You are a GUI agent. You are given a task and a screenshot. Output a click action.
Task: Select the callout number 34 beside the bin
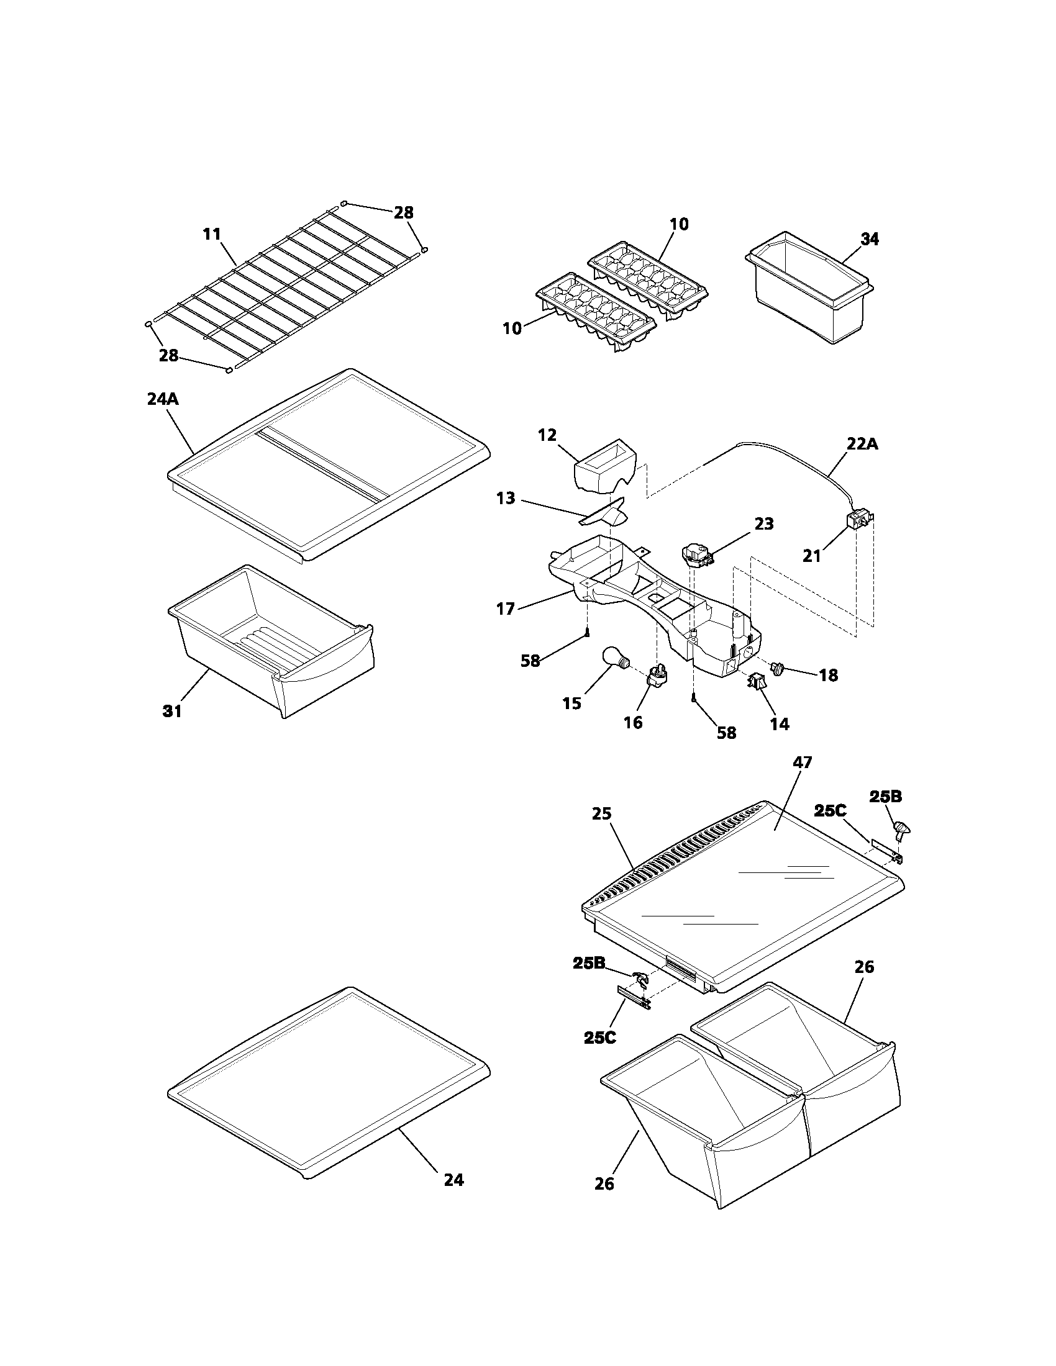pos(869,239)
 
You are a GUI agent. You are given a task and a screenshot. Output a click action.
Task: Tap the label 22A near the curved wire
pos(862,444)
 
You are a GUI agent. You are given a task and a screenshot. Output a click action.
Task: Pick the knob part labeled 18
pos(778,669)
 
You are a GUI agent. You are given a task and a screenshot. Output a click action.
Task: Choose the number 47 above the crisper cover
pos(802,762)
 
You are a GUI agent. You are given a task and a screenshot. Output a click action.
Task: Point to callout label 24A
pos(163,399)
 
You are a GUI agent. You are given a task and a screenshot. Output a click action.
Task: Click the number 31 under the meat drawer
pos(172,711)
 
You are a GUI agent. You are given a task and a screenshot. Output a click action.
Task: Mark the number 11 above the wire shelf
pos(212,235)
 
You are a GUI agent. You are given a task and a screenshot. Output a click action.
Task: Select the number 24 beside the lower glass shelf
pos(453,1180)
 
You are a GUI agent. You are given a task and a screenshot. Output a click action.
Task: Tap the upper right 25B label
pos(885,797)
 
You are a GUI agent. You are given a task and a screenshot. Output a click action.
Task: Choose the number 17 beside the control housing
pos(506,608)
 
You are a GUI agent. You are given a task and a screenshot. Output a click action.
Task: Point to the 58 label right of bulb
pos(726,733)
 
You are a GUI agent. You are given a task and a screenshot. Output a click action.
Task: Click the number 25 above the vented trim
pos(602,814)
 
